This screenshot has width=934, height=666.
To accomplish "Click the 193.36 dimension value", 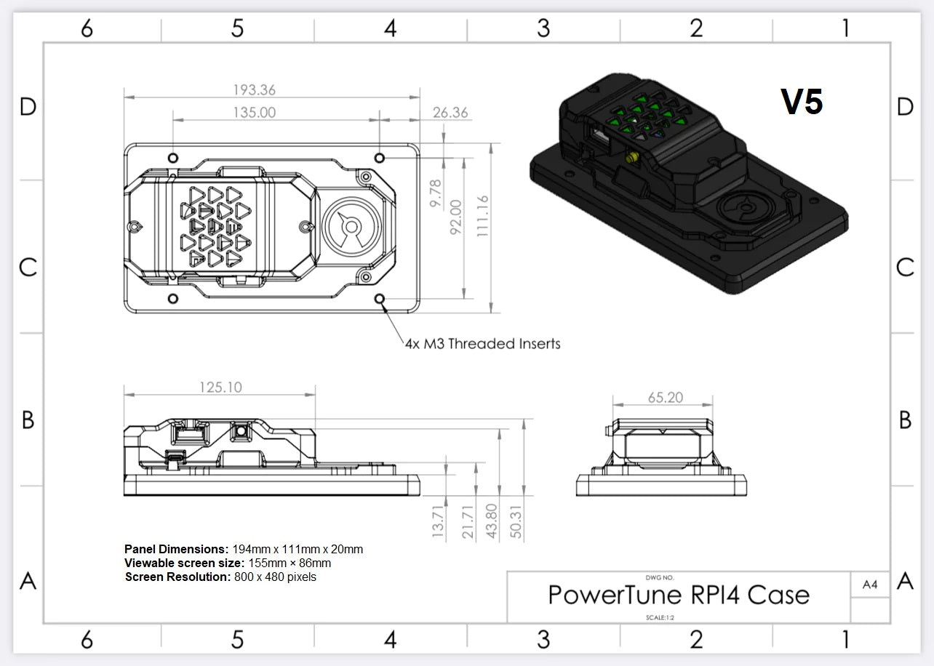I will click(254, 90).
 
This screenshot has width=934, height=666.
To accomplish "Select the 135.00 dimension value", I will click(254, 113).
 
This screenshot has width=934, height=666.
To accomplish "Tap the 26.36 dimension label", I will click(450, 113).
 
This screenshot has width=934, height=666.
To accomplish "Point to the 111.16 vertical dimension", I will click(482, 215).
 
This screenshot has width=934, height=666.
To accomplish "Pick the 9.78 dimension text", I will click(435, 194).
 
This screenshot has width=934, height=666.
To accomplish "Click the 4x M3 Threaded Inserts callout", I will click(482, 344).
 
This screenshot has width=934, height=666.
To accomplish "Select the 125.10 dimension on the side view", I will click(220, 388).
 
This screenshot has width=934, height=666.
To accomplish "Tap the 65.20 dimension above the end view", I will click(665, 398).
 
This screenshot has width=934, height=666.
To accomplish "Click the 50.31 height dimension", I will click(517, 521).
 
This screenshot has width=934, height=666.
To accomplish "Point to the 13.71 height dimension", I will click(438, 521).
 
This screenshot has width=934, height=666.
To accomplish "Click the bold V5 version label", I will click(802, 102).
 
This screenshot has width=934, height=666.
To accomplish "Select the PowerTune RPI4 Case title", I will click(678, 595).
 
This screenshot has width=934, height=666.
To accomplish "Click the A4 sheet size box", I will click(870, 585).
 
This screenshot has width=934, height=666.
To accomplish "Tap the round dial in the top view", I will click(351, 227).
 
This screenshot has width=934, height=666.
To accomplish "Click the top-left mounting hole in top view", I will click(173, 158).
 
